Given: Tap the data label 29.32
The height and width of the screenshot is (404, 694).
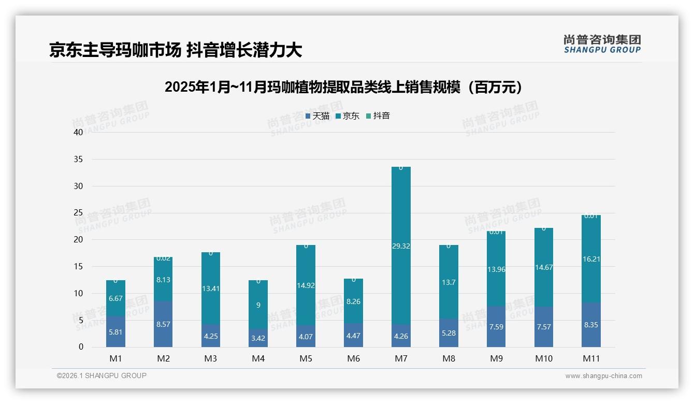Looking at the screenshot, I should click(401, 246).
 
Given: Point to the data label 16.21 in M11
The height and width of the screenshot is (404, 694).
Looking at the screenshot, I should click(591, 259).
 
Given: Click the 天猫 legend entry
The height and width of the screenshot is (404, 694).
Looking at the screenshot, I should click(317, 116).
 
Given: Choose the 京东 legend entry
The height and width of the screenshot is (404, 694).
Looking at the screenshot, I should click(348, 116).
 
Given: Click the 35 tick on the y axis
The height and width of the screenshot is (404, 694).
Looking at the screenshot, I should click(78, 159).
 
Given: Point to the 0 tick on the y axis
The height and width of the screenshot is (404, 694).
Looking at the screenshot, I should click(81, 347).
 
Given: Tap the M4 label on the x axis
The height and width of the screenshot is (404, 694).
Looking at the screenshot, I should click(258, 358).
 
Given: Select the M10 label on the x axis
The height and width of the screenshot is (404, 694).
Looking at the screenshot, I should click(544, 358).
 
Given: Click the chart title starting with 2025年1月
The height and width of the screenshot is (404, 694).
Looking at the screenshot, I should click(346, 87).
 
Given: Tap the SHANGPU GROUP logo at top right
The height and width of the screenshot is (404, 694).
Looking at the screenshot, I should click(602, 44).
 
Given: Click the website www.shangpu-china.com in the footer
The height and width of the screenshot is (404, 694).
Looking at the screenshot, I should click(603, 376).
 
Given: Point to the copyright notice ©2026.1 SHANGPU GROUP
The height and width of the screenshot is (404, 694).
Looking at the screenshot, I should click(102, 376).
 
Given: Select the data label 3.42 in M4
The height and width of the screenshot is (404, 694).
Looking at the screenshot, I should click(258, 339).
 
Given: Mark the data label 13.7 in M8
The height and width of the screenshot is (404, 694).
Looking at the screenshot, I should click(449, 282).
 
